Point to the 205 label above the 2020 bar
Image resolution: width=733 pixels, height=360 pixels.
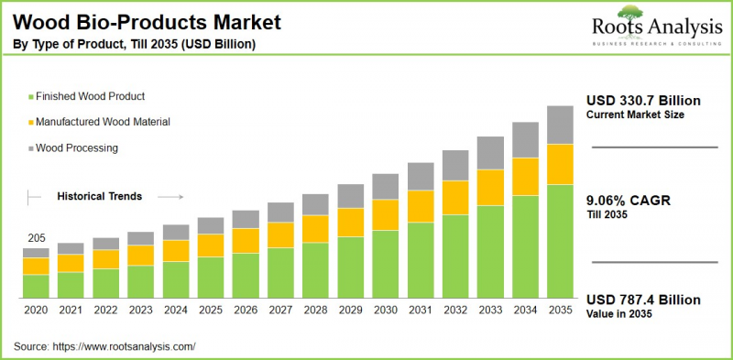click(x=35, y=238)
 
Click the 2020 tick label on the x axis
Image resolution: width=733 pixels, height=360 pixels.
click(x=36, y=311)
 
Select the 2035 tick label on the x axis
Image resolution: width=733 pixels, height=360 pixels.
click(x=560, y=311)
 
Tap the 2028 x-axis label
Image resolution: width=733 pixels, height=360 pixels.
click(x=315, y=311)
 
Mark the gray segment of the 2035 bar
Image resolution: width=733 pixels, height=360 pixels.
click(x=560, y=125)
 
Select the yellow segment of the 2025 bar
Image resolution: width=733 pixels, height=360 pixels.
click(x=211, y=245)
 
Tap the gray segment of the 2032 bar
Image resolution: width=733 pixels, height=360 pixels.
click(x=455, y=165)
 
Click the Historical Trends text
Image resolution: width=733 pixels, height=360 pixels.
click(x=99, y=196)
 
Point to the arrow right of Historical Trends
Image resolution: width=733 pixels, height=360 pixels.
click(x=170, y=196)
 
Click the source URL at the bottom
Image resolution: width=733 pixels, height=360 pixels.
click(x=137, y=346)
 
